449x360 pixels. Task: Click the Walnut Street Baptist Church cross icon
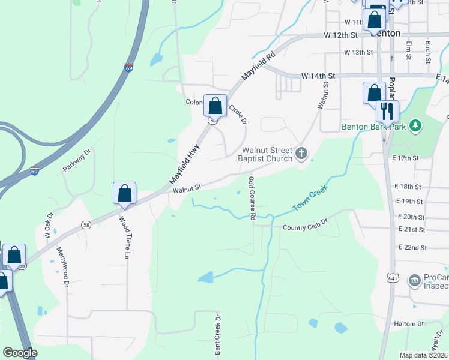(x=301, y=154)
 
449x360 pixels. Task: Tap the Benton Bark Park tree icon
(x=414, y=126)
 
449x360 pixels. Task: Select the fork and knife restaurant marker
(x=387, y=111)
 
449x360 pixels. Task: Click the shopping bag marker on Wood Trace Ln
(x=124, y=193)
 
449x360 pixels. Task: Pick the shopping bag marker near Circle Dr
(x=215, y=106)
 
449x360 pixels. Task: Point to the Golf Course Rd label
(x=253, y=198)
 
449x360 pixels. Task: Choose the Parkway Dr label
(x=77, y=161)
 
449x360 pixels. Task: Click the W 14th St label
(x=318, y=76)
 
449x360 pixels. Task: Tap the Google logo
(x=20, y=352)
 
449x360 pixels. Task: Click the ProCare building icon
(x=414, y=280)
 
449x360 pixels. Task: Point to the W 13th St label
(x=359, y=53)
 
